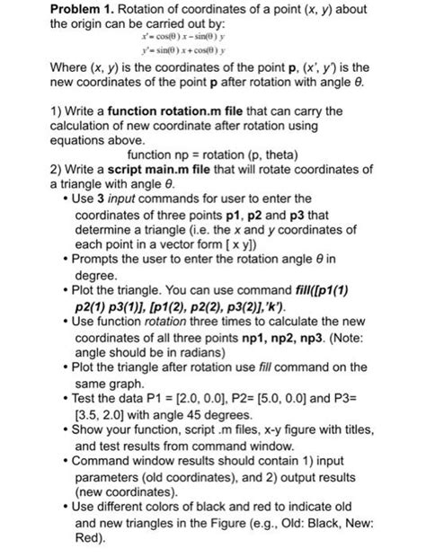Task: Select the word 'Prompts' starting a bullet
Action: pyautogui.click(x=94, y=235)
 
